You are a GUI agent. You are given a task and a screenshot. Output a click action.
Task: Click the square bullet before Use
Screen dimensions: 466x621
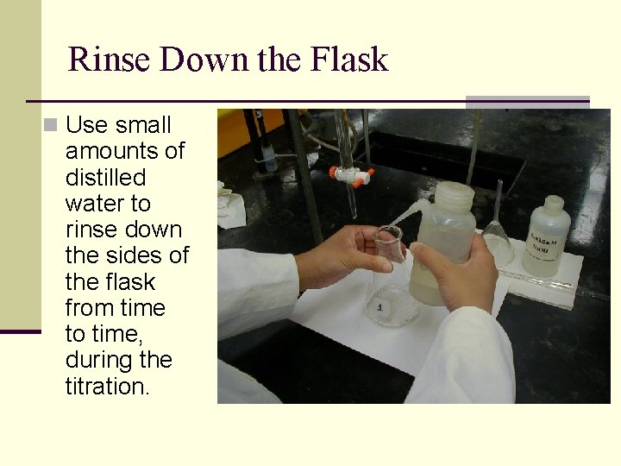52,126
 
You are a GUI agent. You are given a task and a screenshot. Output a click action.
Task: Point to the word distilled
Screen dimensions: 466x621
105,178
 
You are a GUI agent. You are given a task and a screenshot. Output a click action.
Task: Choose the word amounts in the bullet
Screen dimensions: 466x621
124,152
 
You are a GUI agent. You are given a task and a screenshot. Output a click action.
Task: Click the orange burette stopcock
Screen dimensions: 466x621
353,175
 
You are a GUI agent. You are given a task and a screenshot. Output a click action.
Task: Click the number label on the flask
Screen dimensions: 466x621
380,306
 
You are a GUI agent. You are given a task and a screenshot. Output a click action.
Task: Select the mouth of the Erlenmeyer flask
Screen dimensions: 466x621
388,234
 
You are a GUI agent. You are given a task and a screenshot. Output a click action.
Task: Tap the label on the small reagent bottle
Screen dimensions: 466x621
546,246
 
